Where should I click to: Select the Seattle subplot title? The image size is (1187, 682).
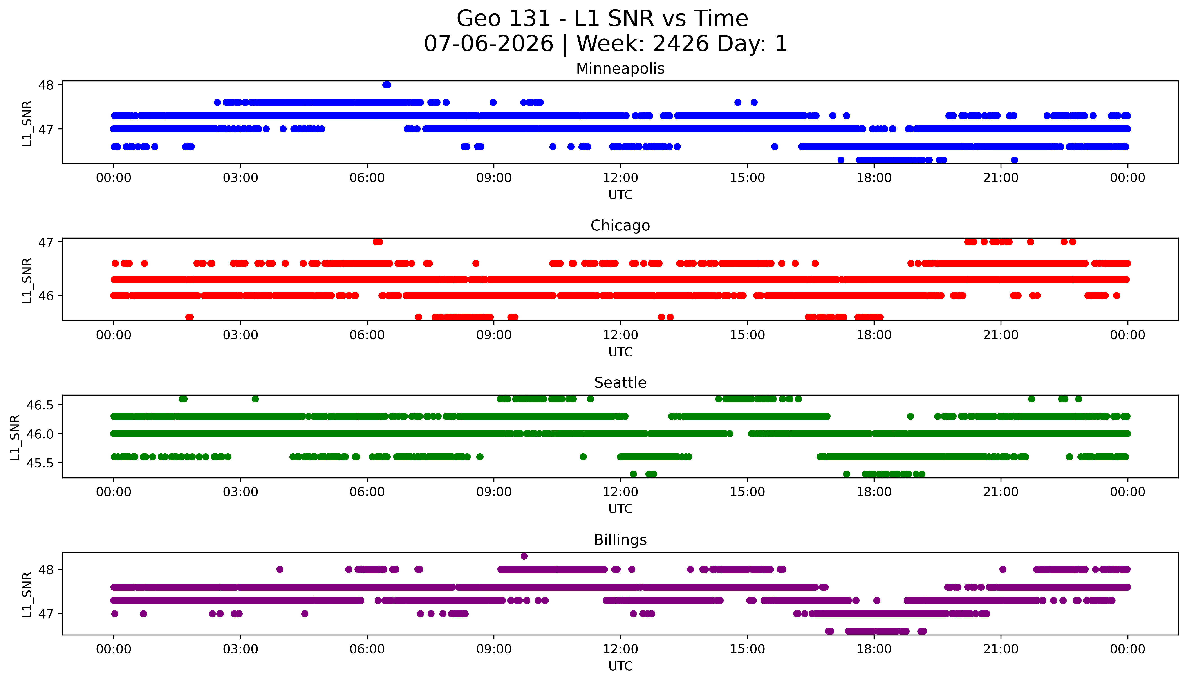coord(620,383)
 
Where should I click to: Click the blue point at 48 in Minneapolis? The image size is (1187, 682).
coord(386,85)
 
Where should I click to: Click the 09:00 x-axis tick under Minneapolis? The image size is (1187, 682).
coord(494,178)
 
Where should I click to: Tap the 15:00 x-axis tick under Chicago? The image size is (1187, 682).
coord(747,335)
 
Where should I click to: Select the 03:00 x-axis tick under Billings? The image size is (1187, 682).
coord(240,649)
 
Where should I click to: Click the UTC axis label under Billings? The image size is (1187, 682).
coord(620,666)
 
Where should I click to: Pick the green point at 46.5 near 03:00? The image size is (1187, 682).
coord(255,399)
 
